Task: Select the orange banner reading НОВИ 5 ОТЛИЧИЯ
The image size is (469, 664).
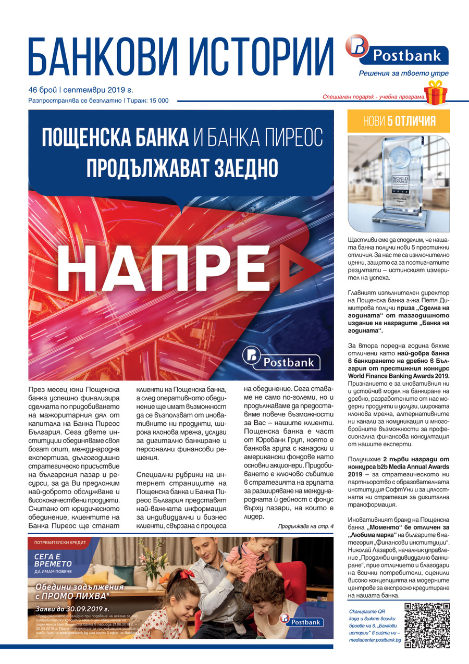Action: tap(398, 121)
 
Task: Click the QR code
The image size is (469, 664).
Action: tap(427, 624)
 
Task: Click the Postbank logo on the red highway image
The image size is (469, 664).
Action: tap(281, 359)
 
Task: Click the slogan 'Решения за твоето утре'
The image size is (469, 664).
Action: tap(404, 73)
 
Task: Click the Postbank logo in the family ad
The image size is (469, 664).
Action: tap(302, 620)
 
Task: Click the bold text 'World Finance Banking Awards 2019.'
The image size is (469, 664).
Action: tap(399, 375)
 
